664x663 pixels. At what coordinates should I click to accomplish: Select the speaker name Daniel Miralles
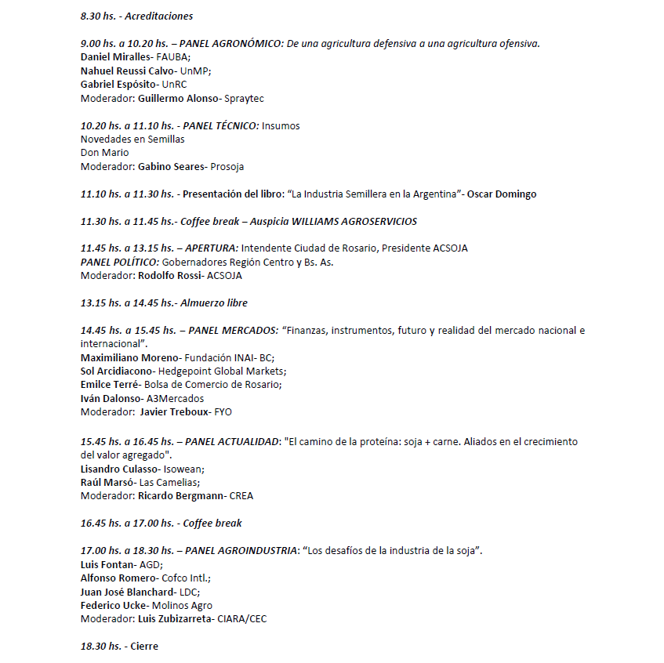[114, 57]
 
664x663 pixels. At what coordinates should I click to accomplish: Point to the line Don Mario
[104, 153]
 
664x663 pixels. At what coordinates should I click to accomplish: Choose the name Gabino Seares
[170, 167]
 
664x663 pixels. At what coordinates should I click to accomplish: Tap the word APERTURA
[211, 248]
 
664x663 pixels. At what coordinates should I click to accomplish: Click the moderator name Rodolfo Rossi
[170, 276]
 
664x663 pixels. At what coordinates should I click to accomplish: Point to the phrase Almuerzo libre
[214, 303]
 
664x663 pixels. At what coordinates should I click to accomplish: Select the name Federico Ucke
[112, 605]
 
